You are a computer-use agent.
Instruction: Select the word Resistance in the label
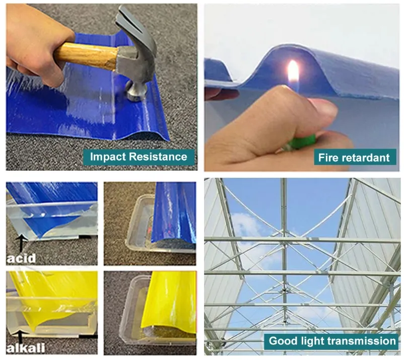[158, 157]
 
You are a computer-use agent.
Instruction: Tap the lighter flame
[293, 74]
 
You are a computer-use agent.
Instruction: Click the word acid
[21, 258]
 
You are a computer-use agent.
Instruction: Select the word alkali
[26, 348]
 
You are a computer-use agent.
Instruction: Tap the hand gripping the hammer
[36, 44]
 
